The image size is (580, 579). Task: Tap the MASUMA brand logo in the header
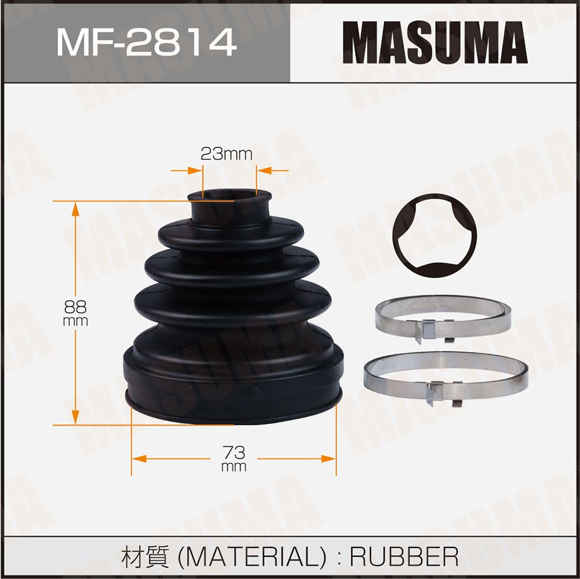pyautogui.click(x=435, y=42)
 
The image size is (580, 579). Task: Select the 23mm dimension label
pyautogui.click(x=227, y=154)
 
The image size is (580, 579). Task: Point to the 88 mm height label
pyautogui.click(x=75, y=313)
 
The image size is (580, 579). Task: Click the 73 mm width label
pyautogui.click(x=234, y=459)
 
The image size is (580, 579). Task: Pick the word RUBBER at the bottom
pyautogui.click(x=404, y=557)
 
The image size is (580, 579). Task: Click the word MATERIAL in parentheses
pyautogui.click(x=252, y=557)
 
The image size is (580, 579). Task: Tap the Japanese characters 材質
pyautogui.click(x=145, y=557)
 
